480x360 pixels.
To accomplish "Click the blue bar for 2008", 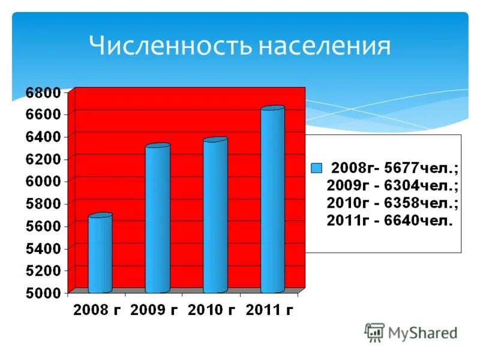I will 100,253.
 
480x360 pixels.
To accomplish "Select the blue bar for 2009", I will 157,219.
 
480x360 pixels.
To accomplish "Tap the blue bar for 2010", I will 215,216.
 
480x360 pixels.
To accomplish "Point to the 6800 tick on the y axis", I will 43,92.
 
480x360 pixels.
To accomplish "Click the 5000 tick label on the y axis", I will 43,293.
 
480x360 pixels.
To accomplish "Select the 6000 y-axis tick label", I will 43,181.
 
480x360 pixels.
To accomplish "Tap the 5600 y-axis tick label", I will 43,226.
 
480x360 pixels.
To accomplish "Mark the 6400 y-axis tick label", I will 43,137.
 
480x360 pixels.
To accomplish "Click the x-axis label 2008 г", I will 96,310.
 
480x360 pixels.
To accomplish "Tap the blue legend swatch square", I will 316,167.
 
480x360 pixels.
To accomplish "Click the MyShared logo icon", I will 375,332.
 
